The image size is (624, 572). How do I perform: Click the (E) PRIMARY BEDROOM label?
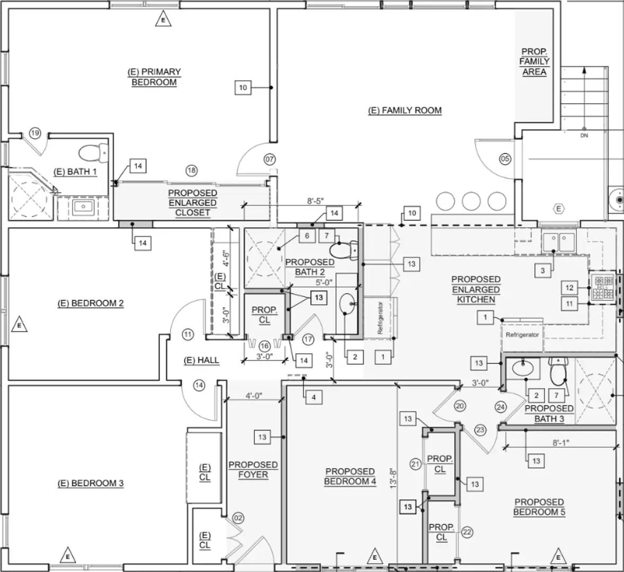pos(154,77)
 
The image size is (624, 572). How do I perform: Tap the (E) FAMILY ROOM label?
pos(405,110)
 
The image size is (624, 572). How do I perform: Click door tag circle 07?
pos(270,159)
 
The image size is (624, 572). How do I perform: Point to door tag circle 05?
pos(505,158)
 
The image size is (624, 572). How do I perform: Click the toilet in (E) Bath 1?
pos(93,153)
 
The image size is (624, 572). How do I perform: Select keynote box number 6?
pos(307,236)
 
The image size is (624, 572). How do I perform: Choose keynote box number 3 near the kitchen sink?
pos(542,271)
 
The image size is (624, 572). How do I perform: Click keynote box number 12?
pos(569,288)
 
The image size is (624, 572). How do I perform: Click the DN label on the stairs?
pos(584,136)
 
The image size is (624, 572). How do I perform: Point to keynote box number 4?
pos(314,397)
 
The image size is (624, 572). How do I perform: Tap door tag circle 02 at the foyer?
pos(238,518)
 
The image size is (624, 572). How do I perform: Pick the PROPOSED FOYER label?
pos(253,470)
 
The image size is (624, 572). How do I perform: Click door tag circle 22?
pos(467,532)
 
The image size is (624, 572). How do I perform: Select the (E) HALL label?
pos(201,360)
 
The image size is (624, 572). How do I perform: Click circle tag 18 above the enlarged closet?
pos(191,170)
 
